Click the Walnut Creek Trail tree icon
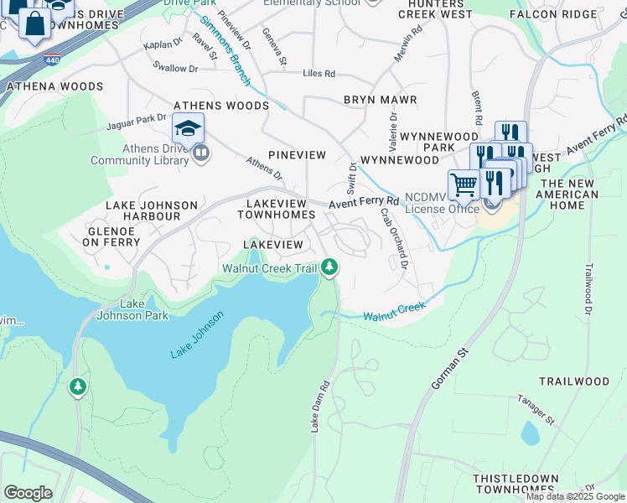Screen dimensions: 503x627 point(330,267)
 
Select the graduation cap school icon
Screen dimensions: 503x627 point(189,129)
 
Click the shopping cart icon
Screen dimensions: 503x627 point(464,184)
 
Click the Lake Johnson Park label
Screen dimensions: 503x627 point(132,309)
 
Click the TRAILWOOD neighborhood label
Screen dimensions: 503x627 point(573,381)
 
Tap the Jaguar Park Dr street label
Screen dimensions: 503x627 point(137,123)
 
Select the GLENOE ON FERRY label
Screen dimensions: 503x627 point(111,236)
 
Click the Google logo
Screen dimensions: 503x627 point(28,493)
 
